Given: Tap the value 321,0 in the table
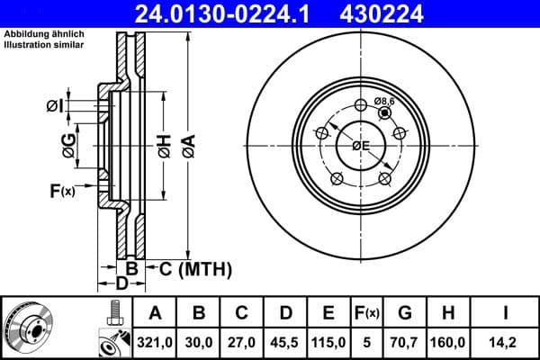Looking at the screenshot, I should point(156,341).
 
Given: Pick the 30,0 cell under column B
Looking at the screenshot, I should point(199,341).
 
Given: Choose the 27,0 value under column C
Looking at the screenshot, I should point(242,341).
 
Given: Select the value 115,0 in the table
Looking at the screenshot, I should point(328,341).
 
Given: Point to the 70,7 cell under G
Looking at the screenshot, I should point(405,341).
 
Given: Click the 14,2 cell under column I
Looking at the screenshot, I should point(506,341).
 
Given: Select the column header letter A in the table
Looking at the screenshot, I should point(156,313).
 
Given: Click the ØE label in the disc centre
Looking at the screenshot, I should point(360,146).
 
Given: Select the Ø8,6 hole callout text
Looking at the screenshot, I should point(385,101).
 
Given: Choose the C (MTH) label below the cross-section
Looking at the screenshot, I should point(195,268).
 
